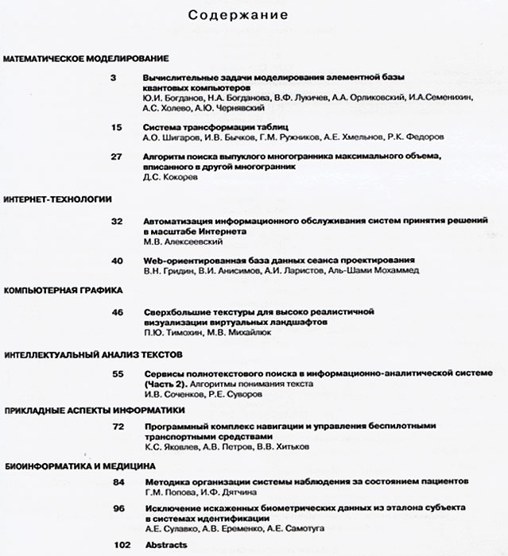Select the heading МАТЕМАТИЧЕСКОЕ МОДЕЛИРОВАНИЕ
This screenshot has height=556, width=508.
87,59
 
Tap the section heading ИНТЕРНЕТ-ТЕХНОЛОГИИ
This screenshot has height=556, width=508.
58,199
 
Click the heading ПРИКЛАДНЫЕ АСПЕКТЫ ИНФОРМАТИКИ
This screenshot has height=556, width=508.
94,410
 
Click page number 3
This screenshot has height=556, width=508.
114,77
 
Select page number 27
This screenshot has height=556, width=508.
116,156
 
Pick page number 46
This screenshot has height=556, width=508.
117,312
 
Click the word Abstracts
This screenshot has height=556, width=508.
165,545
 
